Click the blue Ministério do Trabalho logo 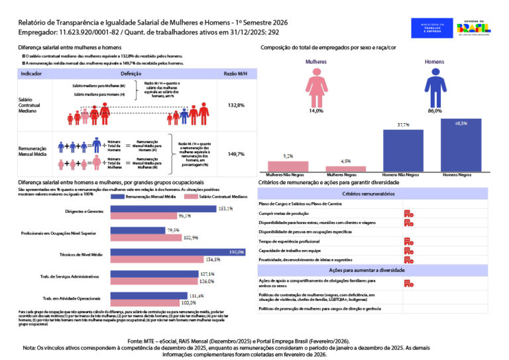(431, 27)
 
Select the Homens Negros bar (461, 145)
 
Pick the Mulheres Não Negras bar (287, 166)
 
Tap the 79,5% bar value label (174, 230)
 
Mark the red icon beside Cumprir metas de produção (409, 213)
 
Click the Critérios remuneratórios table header (370, 194)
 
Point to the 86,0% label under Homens (435, 111)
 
